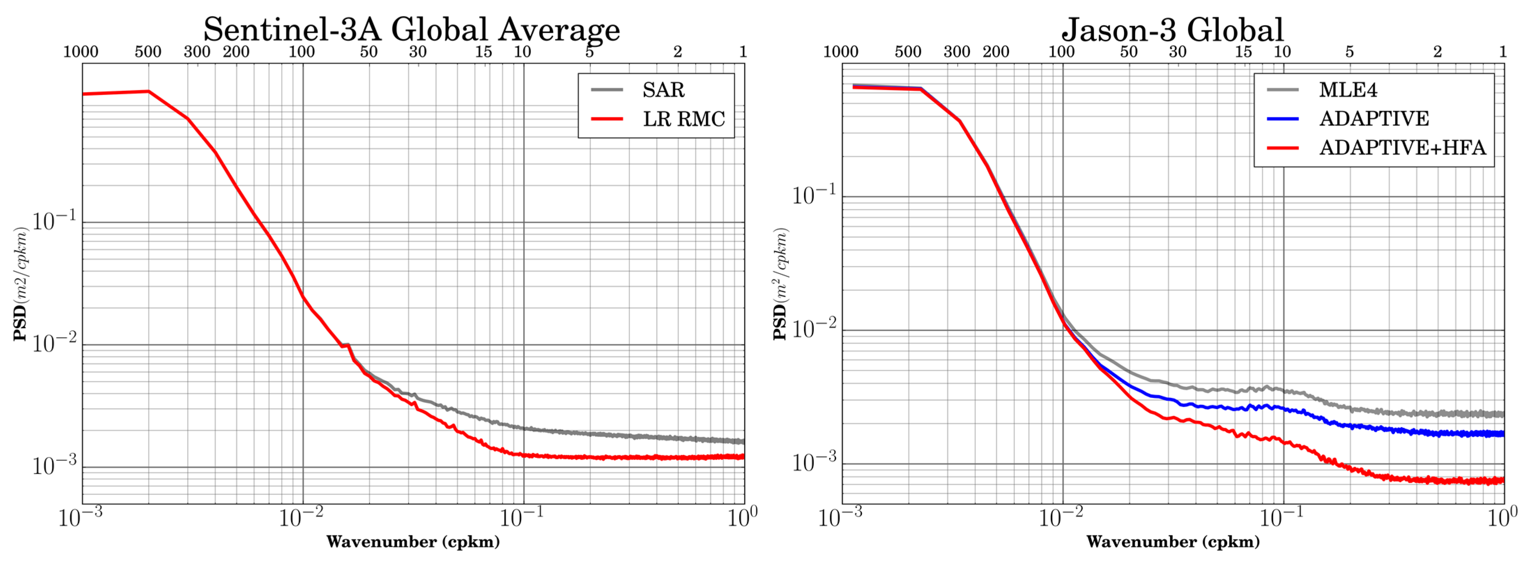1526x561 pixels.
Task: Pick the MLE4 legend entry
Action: pyautogui.click(x=1348, y=90)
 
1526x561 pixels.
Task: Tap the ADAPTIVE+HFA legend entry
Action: pyautogui.click(x=1402, y=148)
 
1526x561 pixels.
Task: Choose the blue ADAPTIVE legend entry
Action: pyautogui.click(x=1373, y=118)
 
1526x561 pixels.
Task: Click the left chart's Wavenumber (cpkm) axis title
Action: pyautogui.click(x=413, y=541)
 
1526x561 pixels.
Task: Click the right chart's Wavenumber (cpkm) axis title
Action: pyautogui.click(x=1173, y=541)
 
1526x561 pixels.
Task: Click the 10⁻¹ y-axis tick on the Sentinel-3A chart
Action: pyautogui.click(x=54, y=221)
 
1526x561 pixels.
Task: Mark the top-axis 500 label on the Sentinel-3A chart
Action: pyautogui.click(x=148, y=52)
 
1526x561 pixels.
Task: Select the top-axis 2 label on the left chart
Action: pyautogui.click(x=678, y=52)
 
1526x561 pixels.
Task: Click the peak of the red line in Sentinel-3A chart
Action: pyautogui.click(x=148, y=91)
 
